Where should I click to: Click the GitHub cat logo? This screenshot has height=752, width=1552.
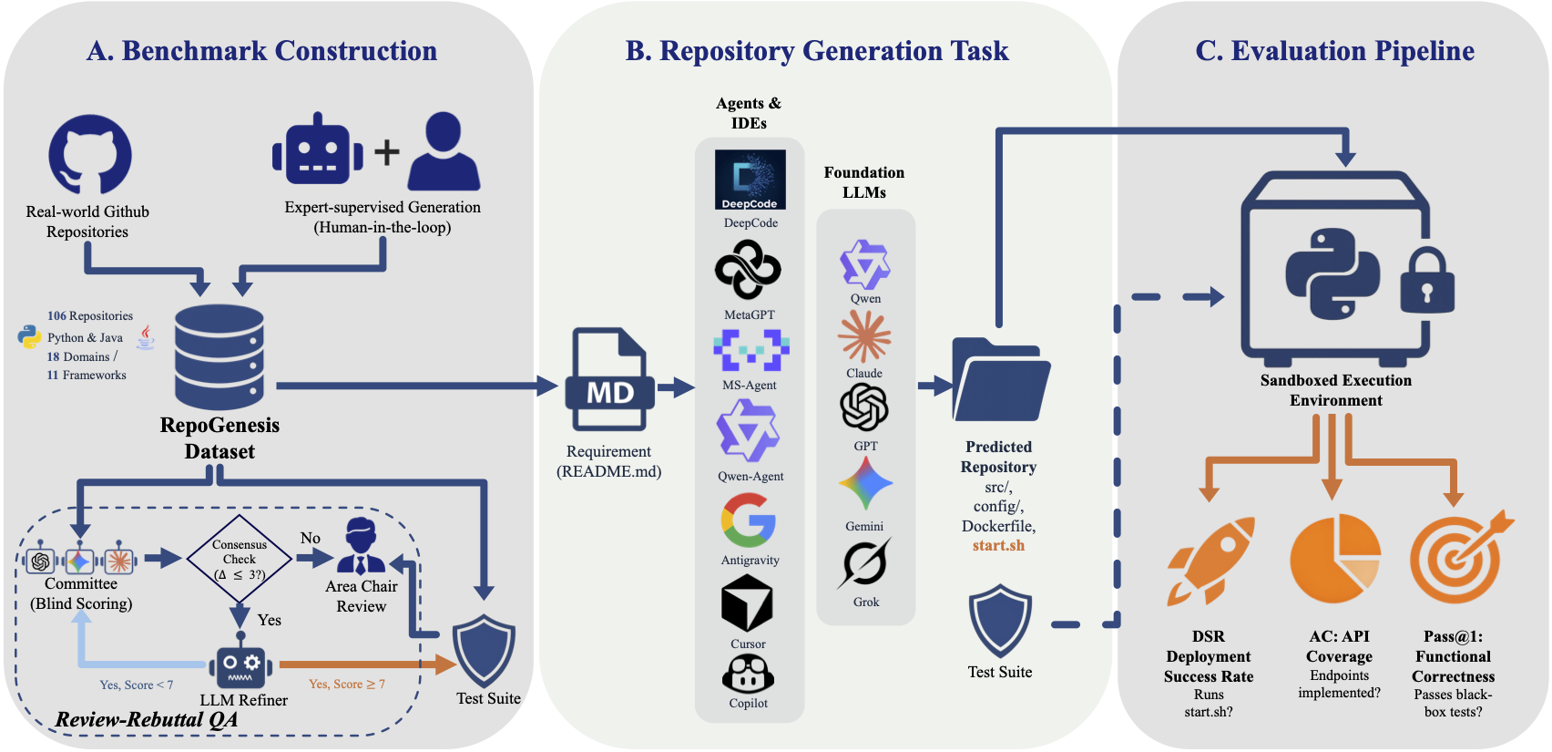(x=89, y=154)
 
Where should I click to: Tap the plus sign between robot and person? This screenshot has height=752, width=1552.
(x=387, y=152)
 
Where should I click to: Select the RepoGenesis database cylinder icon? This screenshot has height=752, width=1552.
(x=220, y=357)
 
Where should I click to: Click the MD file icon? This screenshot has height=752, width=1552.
(x=609, y=379)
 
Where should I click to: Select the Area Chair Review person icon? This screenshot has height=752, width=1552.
(x=361, y=546)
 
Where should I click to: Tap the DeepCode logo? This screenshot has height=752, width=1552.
(x=750, y=180)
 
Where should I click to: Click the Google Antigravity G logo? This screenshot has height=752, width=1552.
(x=748, y=520)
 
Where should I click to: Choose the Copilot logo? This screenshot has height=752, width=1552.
(x=748, y=675)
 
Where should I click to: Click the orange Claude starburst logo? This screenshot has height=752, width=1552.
(x=863, y=336)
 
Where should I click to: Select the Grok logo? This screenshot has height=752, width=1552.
(x=863, y=564)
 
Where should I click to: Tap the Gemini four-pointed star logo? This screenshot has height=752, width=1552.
(x=865, y=483)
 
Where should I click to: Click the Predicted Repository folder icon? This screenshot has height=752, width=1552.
(x=1000, y=380)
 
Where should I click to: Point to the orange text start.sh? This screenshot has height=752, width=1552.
(x=998, y=545)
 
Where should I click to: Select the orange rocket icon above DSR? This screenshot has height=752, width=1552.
(x=1211, y=561)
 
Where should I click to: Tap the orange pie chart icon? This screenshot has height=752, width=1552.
(x=1335, y=558)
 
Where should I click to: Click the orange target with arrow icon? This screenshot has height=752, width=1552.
(x=1458, y=557)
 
